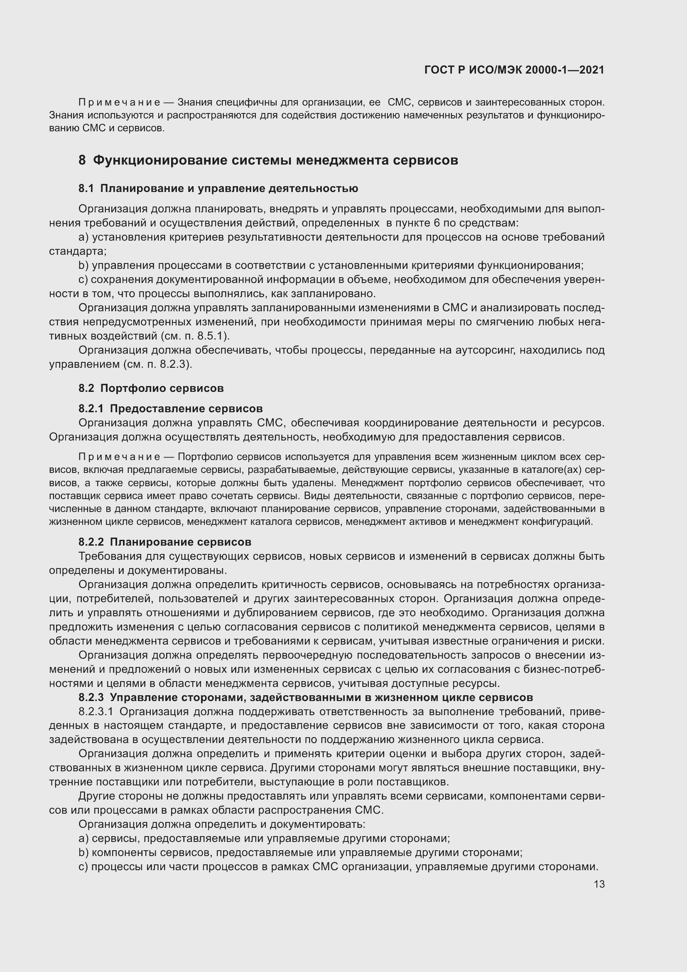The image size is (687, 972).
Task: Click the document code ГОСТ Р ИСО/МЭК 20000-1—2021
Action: coord(514,70)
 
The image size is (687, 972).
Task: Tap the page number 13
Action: coord(599,884)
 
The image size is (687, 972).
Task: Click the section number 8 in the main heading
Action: coord(82,160)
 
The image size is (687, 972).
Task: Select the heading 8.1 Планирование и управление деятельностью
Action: coord(218,188)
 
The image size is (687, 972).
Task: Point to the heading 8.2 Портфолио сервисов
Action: coord(151,388)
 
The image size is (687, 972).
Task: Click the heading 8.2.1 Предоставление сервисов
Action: coord(170,408)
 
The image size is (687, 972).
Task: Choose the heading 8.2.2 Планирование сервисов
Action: coord(165,542)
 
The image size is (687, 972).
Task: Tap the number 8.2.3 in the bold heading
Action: coord(91,697)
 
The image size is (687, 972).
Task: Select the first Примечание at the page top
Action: coord(119,103)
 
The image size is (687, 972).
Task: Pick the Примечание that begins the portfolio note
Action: coord(119,457)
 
